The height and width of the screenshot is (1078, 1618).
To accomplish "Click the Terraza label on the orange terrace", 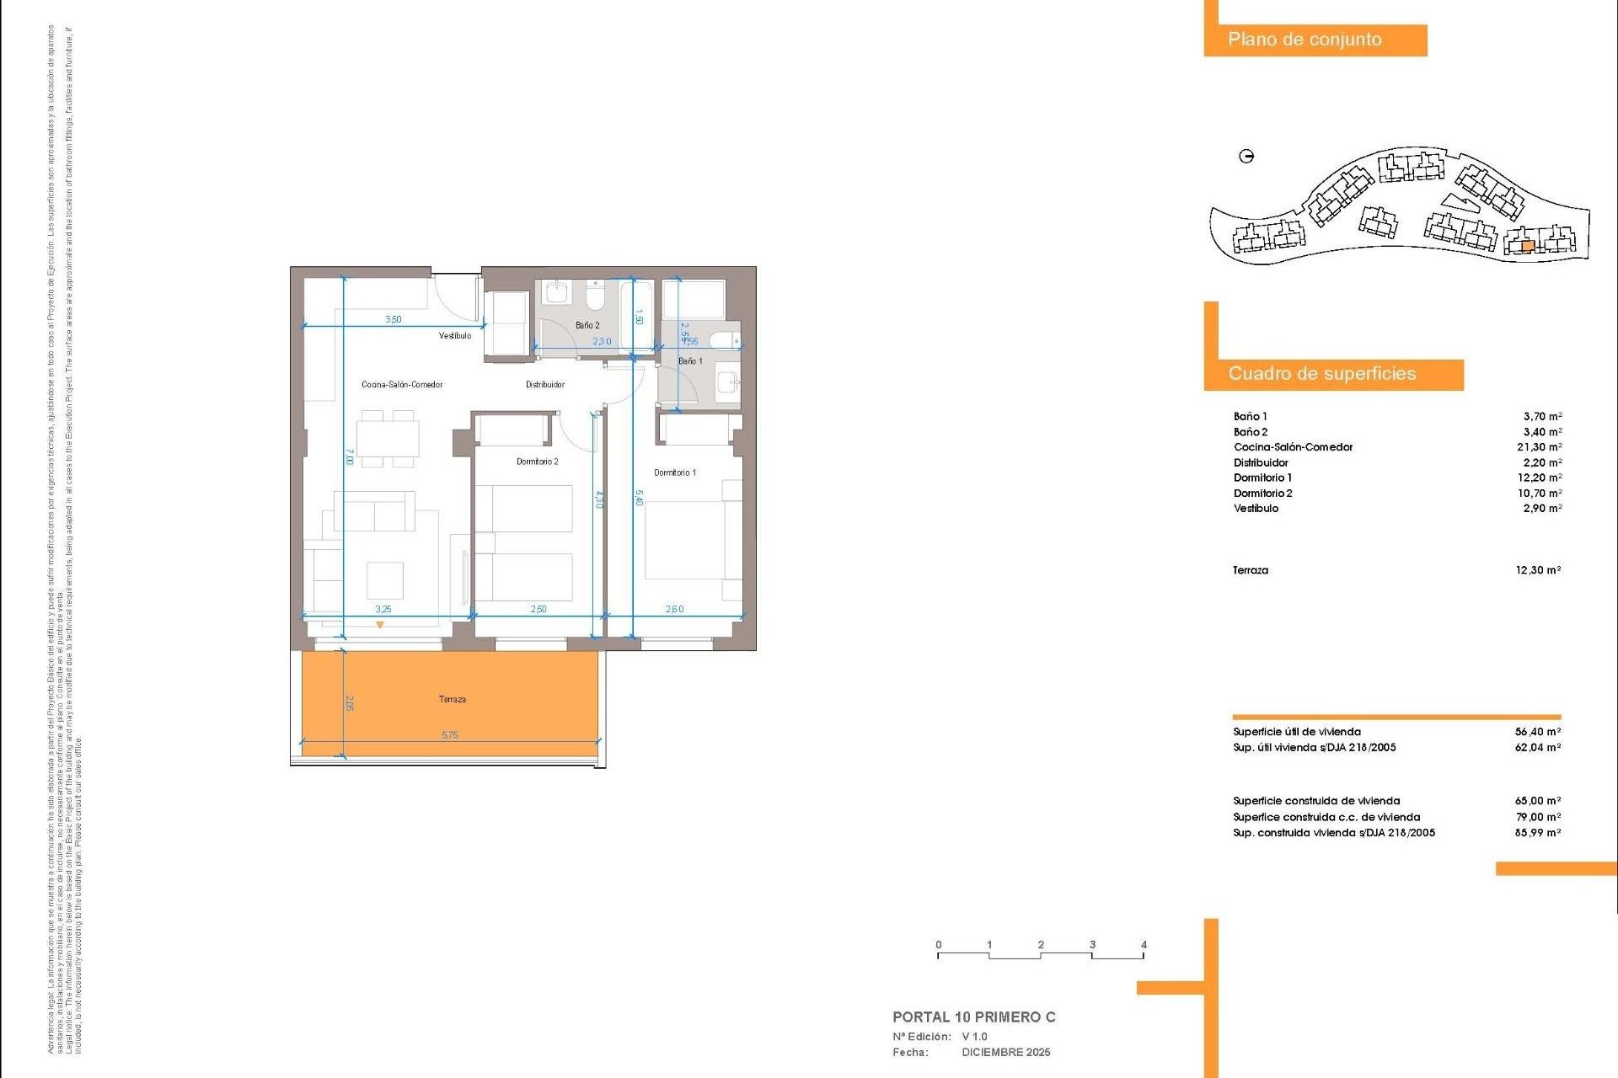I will (452, 699).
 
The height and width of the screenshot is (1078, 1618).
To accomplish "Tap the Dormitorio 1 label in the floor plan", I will (675, 472).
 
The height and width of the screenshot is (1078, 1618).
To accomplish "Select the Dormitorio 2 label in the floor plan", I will (537, 462).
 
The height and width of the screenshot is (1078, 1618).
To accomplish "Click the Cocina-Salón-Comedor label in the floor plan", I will (402, 385).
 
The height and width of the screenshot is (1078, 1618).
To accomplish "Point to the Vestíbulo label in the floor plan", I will (455, 336).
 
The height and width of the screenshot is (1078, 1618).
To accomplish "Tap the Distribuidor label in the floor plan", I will (545, 385).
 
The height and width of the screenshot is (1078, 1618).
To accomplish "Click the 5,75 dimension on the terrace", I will (450, 735).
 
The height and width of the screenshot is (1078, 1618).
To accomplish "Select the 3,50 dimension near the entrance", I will (394, 320).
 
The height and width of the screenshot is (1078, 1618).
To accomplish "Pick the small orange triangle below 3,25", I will (380, 625).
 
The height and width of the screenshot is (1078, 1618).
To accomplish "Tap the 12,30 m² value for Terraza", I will (1538, 570).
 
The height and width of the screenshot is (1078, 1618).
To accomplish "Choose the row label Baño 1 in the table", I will (1250, 417).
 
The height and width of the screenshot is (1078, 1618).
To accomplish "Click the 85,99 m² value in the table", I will (1538, 833).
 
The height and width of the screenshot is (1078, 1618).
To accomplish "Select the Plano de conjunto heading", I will (1305, 40).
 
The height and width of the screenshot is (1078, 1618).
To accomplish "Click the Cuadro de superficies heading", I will (1321, 374).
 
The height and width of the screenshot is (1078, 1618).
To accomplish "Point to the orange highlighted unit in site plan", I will (1528, 247).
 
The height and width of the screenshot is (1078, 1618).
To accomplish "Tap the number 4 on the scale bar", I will (1144, 945).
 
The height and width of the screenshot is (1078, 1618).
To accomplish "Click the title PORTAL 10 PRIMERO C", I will (973, 1017).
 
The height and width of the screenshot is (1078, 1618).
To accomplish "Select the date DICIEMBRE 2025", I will (1006, 1053).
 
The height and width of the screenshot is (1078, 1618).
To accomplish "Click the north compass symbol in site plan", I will (1246, 156).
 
